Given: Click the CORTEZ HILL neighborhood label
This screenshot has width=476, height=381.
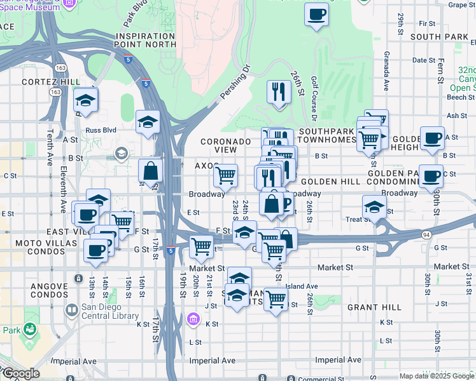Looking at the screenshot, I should point(51,82).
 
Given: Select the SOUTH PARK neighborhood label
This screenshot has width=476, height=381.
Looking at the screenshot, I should point(440,37).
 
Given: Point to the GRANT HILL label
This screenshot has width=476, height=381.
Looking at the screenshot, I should point(374,307).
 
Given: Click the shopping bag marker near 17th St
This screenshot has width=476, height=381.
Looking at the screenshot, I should point(150,171).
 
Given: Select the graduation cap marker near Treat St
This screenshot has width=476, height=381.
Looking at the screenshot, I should point(374,206).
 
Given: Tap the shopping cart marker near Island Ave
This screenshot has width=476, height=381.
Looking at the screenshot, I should point(276,297).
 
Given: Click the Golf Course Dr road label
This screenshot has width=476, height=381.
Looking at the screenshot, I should point(314,98).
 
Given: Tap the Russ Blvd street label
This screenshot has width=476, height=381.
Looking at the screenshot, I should point(101,130).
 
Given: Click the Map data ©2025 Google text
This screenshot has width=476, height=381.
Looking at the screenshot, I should point(437,376).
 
